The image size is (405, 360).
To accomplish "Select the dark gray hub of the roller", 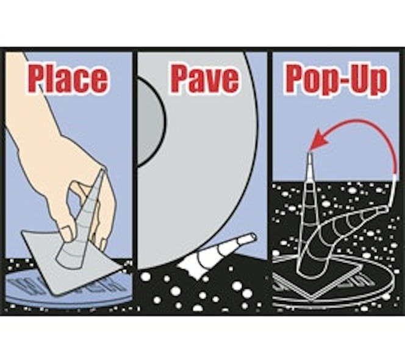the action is pyautogui.click(x=148, y=122).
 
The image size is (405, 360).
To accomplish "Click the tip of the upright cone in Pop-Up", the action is pyautogui.click(x=310, y=153).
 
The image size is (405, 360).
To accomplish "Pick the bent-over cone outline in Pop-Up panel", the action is pyautogui.click(x=343, y=232).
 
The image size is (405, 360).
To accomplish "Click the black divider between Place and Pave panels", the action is pyautogui.click(x=135, y=181).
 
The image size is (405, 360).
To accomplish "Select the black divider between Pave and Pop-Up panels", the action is pyautogui.click(x=270, y=181).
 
